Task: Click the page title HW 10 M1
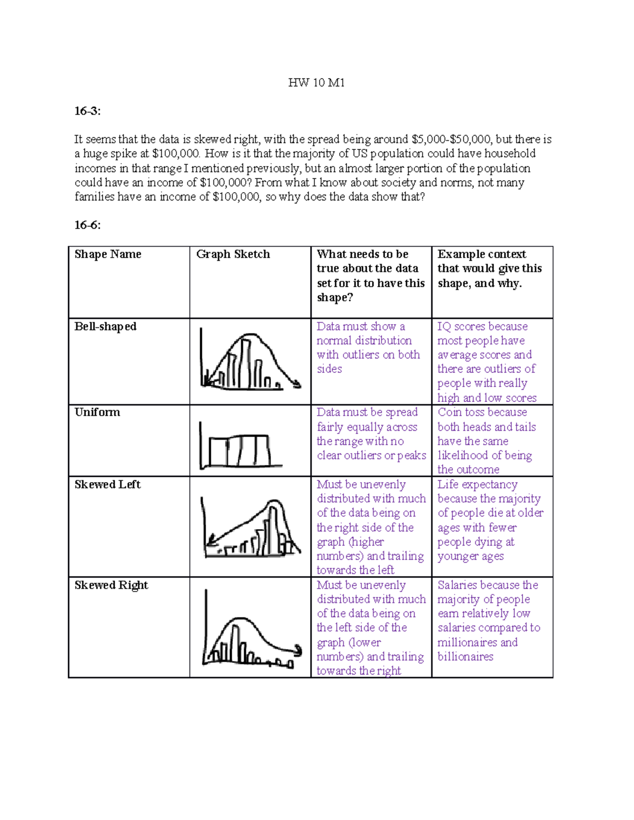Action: point(316,83)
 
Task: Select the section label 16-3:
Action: point(87,111)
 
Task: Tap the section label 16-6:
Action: point(87,225)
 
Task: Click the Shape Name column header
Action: point(108,255)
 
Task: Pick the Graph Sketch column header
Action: point(233,255)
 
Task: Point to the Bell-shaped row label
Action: point(105,327)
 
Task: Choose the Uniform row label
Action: point(97,412)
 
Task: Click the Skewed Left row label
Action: point(107,485)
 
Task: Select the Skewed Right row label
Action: point(111,586)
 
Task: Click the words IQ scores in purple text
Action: point(454,327)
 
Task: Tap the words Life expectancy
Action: point(477,485)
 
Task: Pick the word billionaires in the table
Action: point(465,657)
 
